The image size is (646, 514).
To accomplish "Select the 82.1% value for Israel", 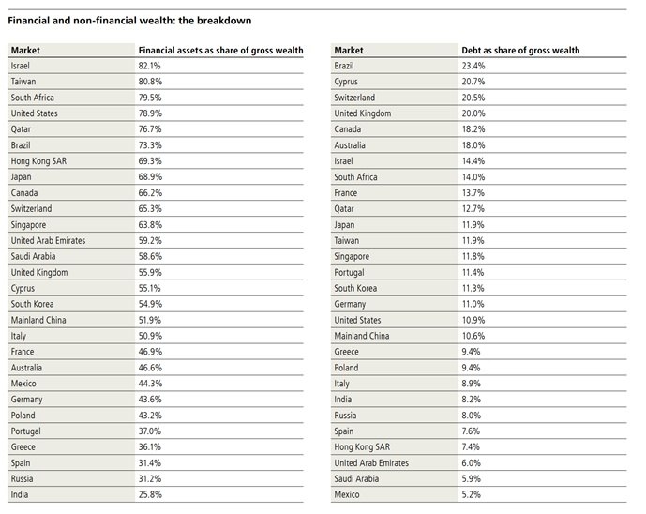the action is click(150, 66).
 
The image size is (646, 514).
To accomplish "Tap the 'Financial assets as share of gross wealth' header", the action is click(220, 51).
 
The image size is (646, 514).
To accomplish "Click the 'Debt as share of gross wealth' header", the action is click(520, 51).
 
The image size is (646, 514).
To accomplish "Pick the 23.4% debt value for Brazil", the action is click(473, 66).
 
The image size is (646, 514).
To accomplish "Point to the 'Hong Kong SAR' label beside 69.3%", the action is click(38, 161).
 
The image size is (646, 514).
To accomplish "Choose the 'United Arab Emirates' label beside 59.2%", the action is click(48, 241).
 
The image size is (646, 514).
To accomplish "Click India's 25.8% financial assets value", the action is click(150, 494).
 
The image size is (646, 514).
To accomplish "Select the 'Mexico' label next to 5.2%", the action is click(347, 494).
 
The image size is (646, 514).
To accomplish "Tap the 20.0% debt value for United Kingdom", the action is click(473, 113).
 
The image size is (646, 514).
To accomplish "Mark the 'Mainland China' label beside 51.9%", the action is click(38, 320).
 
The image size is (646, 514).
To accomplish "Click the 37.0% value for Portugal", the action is click(150, 431).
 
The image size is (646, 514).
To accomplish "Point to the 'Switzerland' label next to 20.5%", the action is click(354, 98).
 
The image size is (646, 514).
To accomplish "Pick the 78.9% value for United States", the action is click(150, 113).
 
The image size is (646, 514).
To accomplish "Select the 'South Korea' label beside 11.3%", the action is click(355, 288).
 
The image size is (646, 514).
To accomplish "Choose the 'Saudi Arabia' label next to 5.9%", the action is click(356, 479).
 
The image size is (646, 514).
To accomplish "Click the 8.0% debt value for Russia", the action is click(471, 416).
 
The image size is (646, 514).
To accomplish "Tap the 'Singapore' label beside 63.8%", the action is click(28, 225).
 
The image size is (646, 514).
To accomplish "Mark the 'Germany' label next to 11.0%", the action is click(350, 305).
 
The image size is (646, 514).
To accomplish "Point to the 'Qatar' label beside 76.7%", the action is click(21, 129).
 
